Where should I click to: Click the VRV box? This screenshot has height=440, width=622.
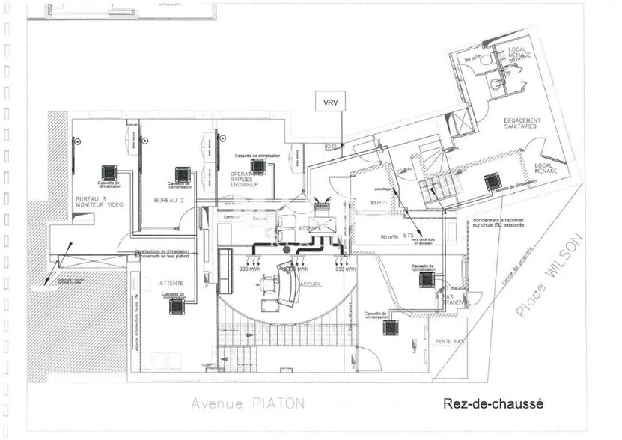click(x=330, y=102)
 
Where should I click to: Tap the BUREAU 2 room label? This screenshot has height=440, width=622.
click(x=168, y=201)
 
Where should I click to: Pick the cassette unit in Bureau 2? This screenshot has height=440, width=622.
click(x=181, y=174)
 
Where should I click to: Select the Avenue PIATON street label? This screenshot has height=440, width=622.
click(x=247, y=403)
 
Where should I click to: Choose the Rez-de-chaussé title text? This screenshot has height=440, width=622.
click(x=493, y=403)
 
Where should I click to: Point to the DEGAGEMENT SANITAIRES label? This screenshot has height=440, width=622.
click(x=520, y=123)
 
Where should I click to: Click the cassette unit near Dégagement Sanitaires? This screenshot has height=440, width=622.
click(x=492, y=180)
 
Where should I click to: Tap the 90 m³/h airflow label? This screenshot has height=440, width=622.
click(x=388, y=238)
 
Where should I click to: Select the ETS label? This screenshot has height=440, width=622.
click(x=408, y=235)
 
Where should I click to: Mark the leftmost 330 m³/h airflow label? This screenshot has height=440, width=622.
click(x=249, y=268)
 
